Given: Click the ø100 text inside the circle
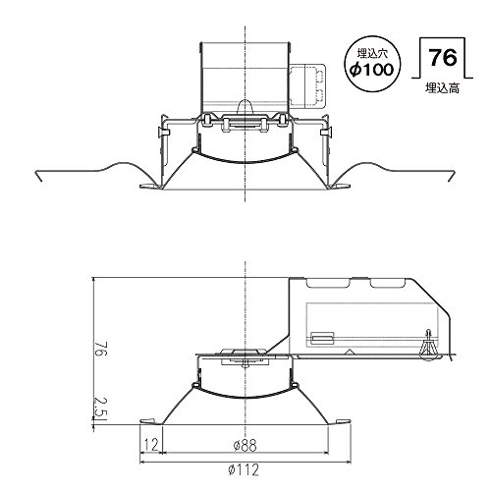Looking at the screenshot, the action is point(372,70).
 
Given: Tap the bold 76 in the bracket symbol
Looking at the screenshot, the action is point(443,58).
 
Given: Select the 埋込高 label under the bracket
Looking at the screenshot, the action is point(443,88).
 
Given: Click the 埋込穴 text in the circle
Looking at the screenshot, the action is point(372,53).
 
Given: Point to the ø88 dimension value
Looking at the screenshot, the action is point(245,445).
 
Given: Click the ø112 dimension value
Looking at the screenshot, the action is point(244,470).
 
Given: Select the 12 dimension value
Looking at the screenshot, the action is point(151,445).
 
